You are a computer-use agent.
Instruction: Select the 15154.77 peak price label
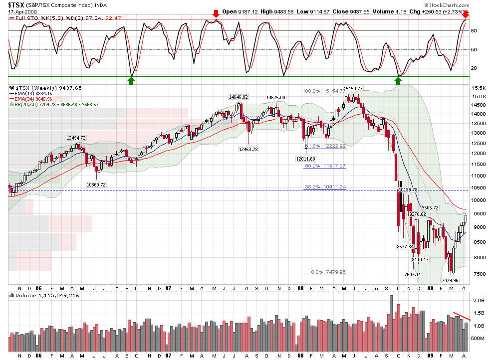(x=353, y=88)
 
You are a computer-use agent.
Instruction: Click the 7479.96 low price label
(x=453, y=280)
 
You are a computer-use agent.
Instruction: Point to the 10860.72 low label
(x=96, y=184)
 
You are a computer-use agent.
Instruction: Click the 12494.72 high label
(x=76, y=138)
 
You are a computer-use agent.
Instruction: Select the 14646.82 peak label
(x=239, y=97)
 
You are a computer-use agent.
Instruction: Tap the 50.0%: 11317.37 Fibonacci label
(x=325, y=166)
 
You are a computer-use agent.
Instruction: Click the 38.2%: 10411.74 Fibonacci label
(x=325, y=187)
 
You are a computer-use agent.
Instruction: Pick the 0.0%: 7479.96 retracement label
(x=328, y=272)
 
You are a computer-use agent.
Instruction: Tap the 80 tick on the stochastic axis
(x=474, y=31)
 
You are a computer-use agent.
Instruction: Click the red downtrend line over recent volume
(x=462, y=316)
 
